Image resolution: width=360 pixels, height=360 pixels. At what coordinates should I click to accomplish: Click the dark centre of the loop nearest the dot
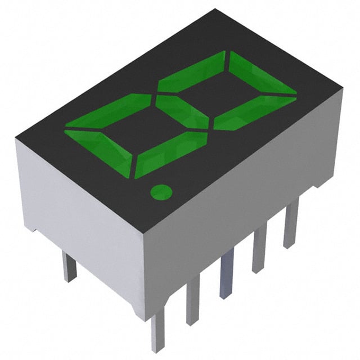click(x=138, y=132)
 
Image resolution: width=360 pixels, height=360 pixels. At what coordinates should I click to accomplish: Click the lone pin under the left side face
click(x=69, y=267)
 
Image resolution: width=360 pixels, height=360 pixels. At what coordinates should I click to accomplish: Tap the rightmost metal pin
click(x=291, y=225)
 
